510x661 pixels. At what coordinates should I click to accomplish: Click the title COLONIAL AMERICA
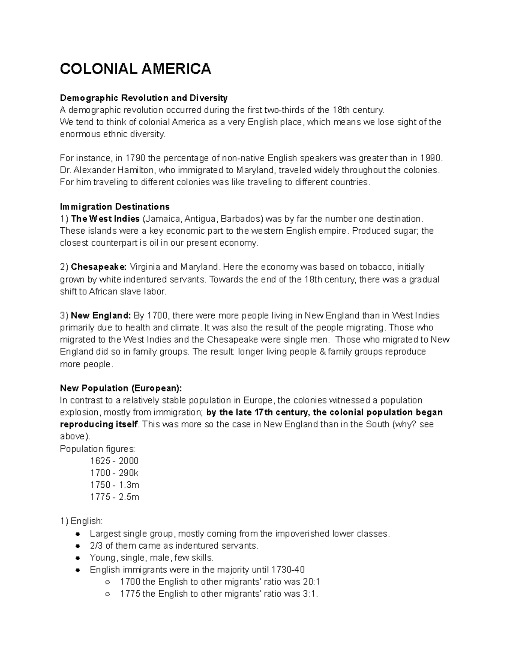[135, 69]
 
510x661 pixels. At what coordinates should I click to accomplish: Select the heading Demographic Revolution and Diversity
[144, 98]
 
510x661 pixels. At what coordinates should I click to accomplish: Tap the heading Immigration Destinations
[115, 207]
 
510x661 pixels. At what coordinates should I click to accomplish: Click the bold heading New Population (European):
[121, 388]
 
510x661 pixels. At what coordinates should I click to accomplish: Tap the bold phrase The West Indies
[105, 219]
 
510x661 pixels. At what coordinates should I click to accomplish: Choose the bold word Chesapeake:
[99, 267]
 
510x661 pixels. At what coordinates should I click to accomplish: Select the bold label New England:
[101, 316]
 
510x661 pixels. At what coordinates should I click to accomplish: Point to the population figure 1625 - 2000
[114, 461]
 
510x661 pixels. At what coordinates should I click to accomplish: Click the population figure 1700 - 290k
[114, 473]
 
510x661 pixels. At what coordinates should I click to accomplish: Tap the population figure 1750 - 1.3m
[115, 485]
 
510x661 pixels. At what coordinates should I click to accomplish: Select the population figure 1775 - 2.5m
[115, 497]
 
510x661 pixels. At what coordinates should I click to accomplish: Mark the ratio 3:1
[310, 594]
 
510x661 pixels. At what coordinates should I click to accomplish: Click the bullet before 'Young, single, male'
[77, 558]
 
